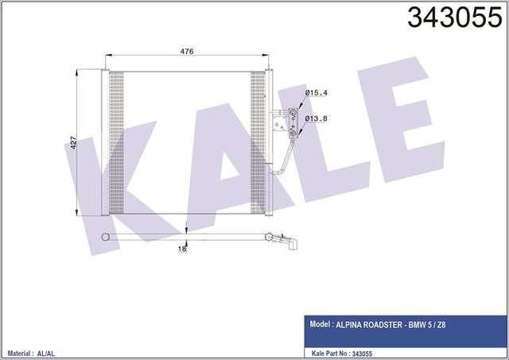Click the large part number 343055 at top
[x=454, y=17]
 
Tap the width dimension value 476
[x=187, y=51]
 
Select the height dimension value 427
[x=73, y=143]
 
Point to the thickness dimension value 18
[x=182, y=249]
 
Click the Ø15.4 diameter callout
[x=317, y=93]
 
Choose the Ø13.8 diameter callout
[x=316, y=118]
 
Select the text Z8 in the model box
[x=441, y=325]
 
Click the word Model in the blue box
[x=319, y=324]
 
